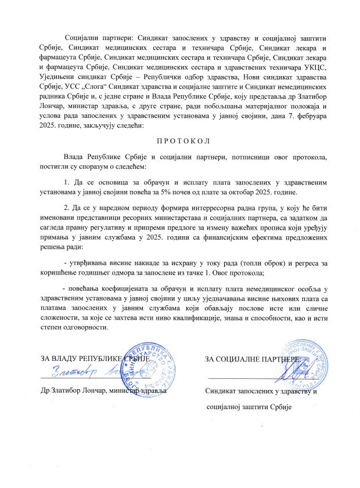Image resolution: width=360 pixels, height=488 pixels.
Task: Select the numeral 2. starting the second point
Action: [67, 208]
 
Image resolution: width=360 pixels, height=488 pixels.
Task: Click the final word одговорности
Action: [85, 327]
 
